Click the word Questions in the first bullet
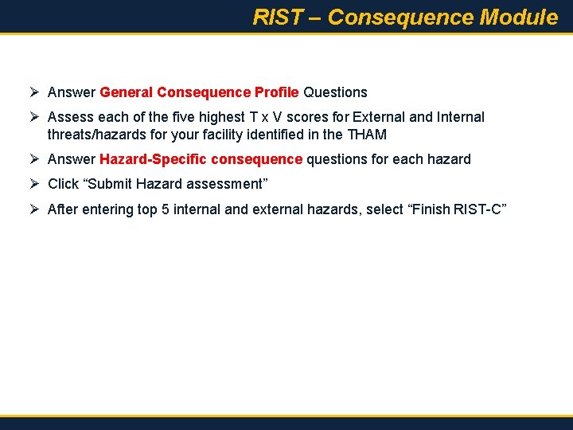tap(335, 92)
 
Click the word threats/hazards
tap(95, 135)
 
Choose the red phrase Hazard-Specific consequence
tap(201, 159)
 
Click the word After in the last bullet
tap(62, 209)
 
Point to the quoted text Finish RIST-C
tap(457, 209)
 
